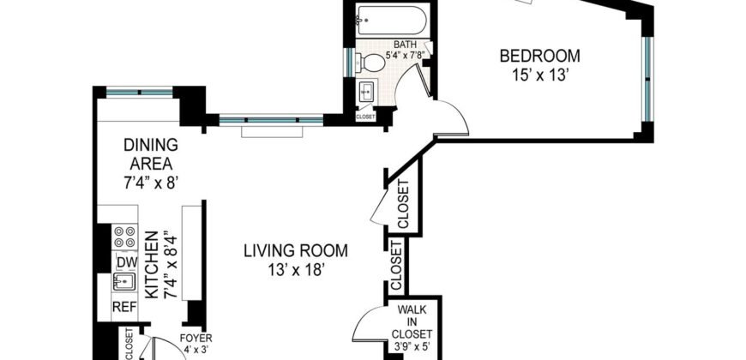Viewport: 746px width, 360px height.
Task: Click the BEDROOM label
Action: coord(539,57)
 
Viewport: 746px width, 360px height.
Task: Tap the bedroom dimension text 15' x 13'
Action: coord(539,75)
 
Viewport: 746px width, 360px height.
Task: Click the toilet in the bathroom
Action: coord(373,62)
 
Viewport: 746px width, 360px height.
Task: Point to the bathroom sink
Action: coord(367,91)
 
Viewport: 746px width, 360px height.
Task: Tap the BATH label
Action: coord(406,44)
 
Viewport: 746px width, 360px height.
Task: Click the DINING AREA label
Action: coord(150,154)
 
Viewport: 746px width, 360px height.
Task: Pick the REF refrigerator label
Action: coord(123,306)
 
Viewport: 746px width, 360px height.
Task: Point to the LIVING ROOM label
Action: coord(295,251)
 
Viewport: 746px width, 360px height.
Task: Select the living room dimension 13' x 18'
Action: coord(295,270)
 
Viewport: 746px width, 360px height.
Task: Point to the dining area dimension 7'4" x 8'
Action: coord(150,182)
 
